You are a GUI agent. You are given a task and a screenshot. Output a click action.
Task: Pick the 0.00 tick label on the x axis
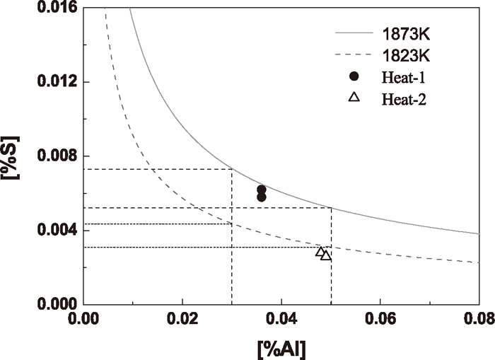(x=83, y=320)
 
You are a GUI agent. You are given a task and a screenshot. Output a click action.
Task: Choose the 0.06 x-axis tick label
(x=380, y=320)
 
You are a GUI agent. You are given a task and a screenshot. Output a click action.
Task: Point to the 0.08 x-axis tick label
(x=479, y=320)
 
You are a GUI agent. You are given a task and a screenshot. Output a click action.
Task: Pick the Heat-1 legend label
(x=404, y=76)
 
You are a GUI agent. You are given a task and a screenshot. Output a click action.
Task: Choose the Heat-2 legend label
(x=404, y=98)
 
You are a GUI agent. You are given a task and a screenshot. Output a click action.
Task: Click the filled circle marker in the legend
(x=355, y=76)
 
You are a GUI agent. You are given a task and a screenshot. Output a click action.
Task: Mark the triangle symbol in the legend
(x=355, y=98)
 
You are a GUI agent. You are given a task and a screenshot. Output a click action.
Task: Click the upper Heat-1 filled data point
(x=262, y=190)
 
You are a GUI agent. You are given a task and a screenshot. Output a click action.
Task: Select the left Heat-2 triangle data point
(x=320, y=252)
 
